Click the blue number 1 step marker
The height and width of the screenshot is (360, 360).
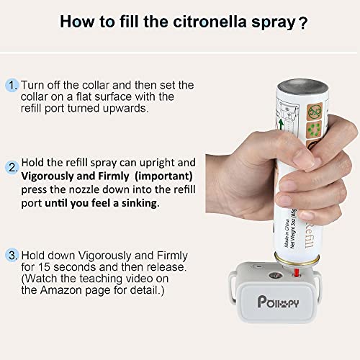pyautogui.click(x=13, y=86)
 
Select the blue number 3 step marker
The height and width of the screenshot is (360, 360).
pyautogui.click(x=13, y=255)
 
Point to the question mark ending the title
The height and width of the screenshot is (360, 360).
pyautogui.click(x=303, y=22)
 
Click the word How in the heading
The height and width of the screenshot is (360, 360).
pyautogui.click(x=78, y=22)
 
